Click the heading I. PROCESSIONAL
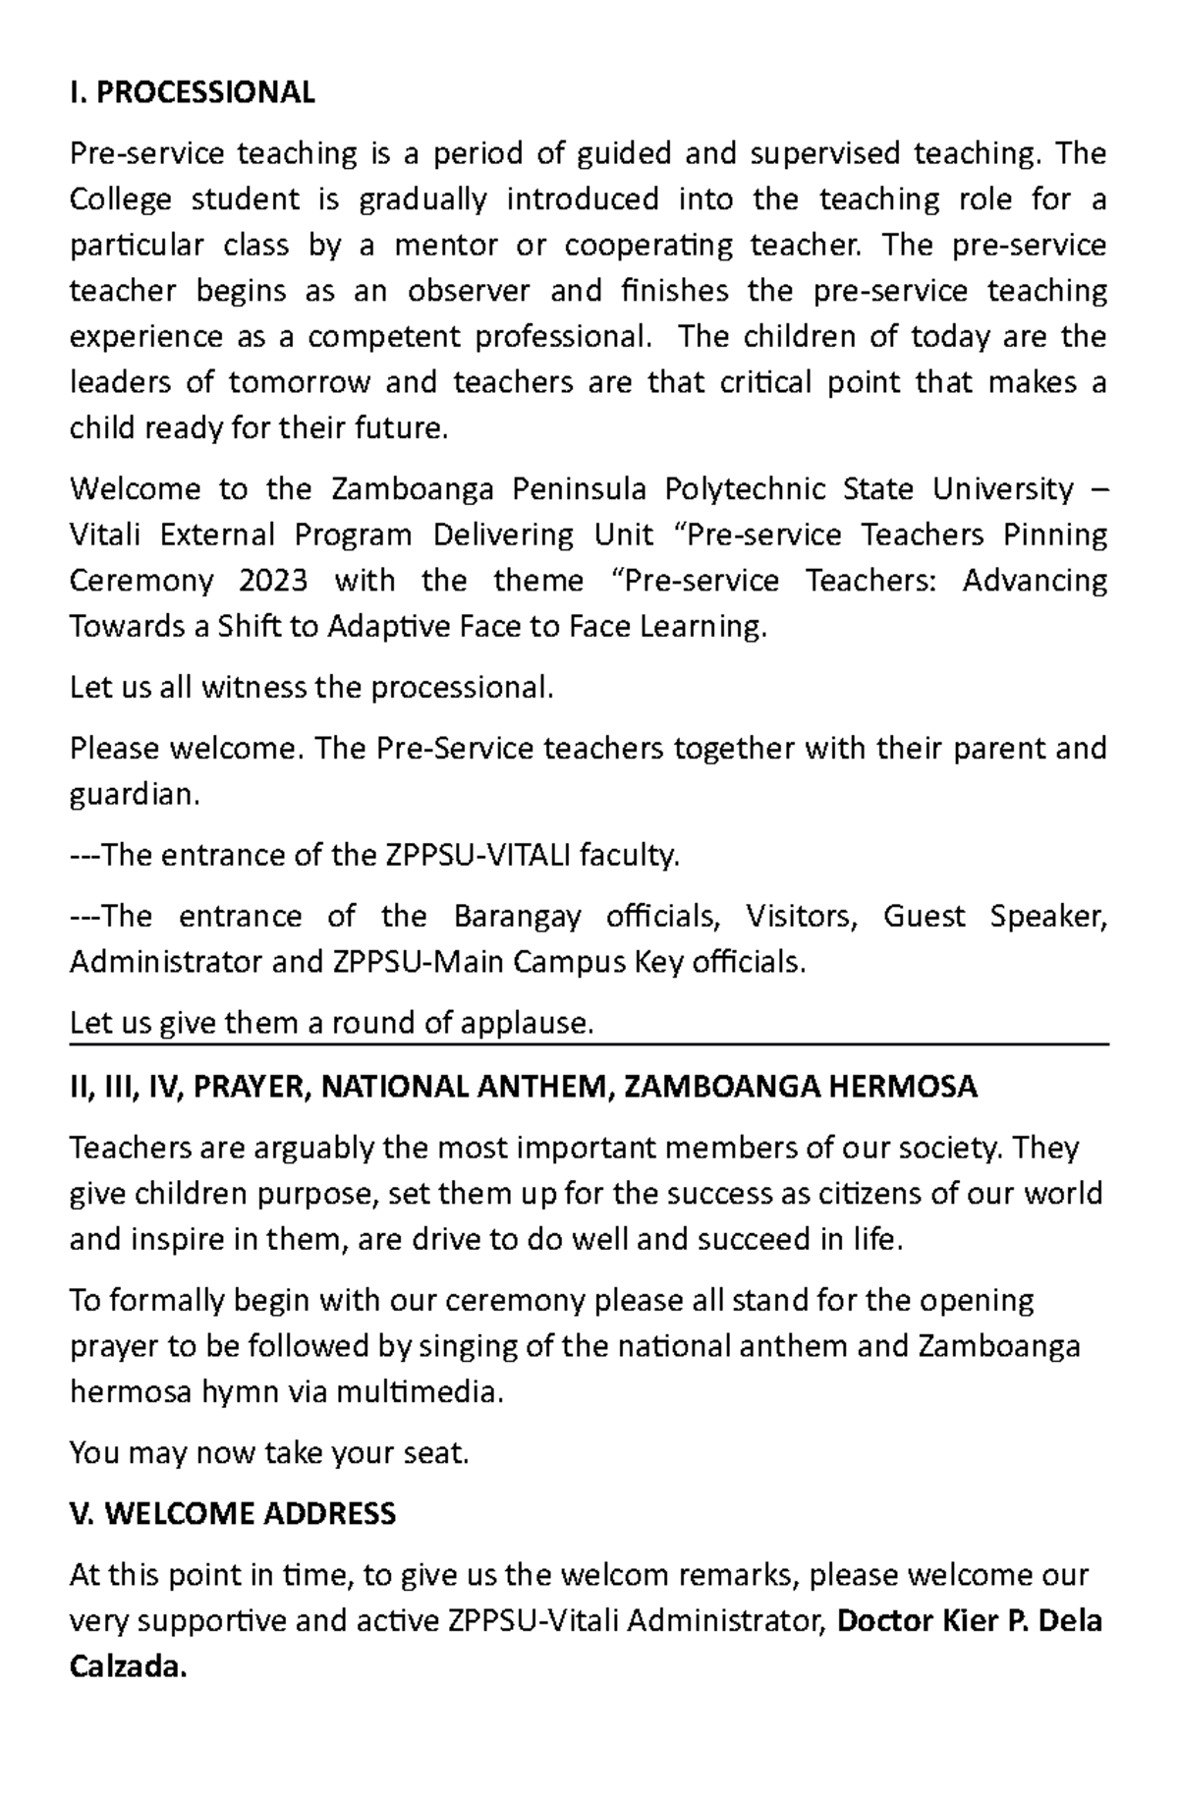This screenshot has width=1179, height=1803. coord(193,92)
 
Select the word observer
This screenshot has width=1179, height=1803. coord(469,291)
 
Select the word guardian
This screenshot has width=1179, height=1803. coord(134,795)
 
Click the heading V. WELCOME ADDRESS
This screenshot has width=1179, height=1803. coord(233,1513)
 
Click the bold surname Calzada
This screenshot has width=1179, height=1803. coord(127,1666)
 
